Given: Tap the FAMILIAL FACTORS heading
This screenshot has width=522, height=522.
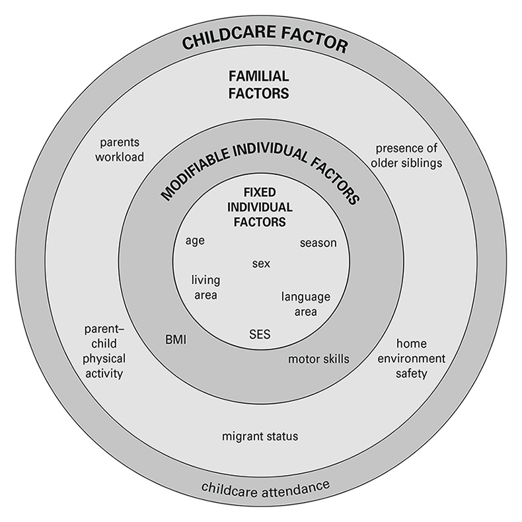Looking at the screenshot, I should coord(259,85).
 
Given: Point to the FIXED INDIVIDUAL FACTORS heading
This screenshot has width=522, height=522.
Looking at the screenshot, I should coord(259,207).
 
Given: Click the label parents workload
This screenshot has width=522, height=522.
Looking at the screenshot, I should coord(122,149).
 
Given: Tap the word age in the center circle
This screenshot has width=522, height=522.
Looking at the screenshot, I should coord(195,241).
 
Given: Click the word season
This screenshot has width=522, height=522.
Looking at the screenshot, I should coord(318,243).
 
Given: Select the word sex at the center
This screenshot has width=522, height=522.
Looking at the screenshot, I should coord(261,264).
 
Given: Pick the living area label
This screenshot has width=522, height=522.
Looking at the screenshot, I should coord(205,287).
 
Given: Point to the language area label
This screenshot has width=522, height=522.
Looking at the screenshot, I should coord(305,304).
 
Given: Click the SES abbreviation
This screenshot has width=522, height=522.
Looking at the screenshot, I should coord(260,333).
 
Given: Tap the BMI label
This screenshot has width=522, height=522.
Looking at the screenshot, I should coord(176,340).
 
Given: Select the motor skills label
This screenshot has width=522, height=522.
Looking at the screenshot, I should coord(318,359).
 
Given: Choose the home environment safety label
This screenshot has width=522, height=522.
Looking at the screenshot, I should coord(412,358).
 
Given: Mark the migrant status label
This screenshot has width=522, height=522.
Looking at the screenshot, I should coord(260,436).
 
